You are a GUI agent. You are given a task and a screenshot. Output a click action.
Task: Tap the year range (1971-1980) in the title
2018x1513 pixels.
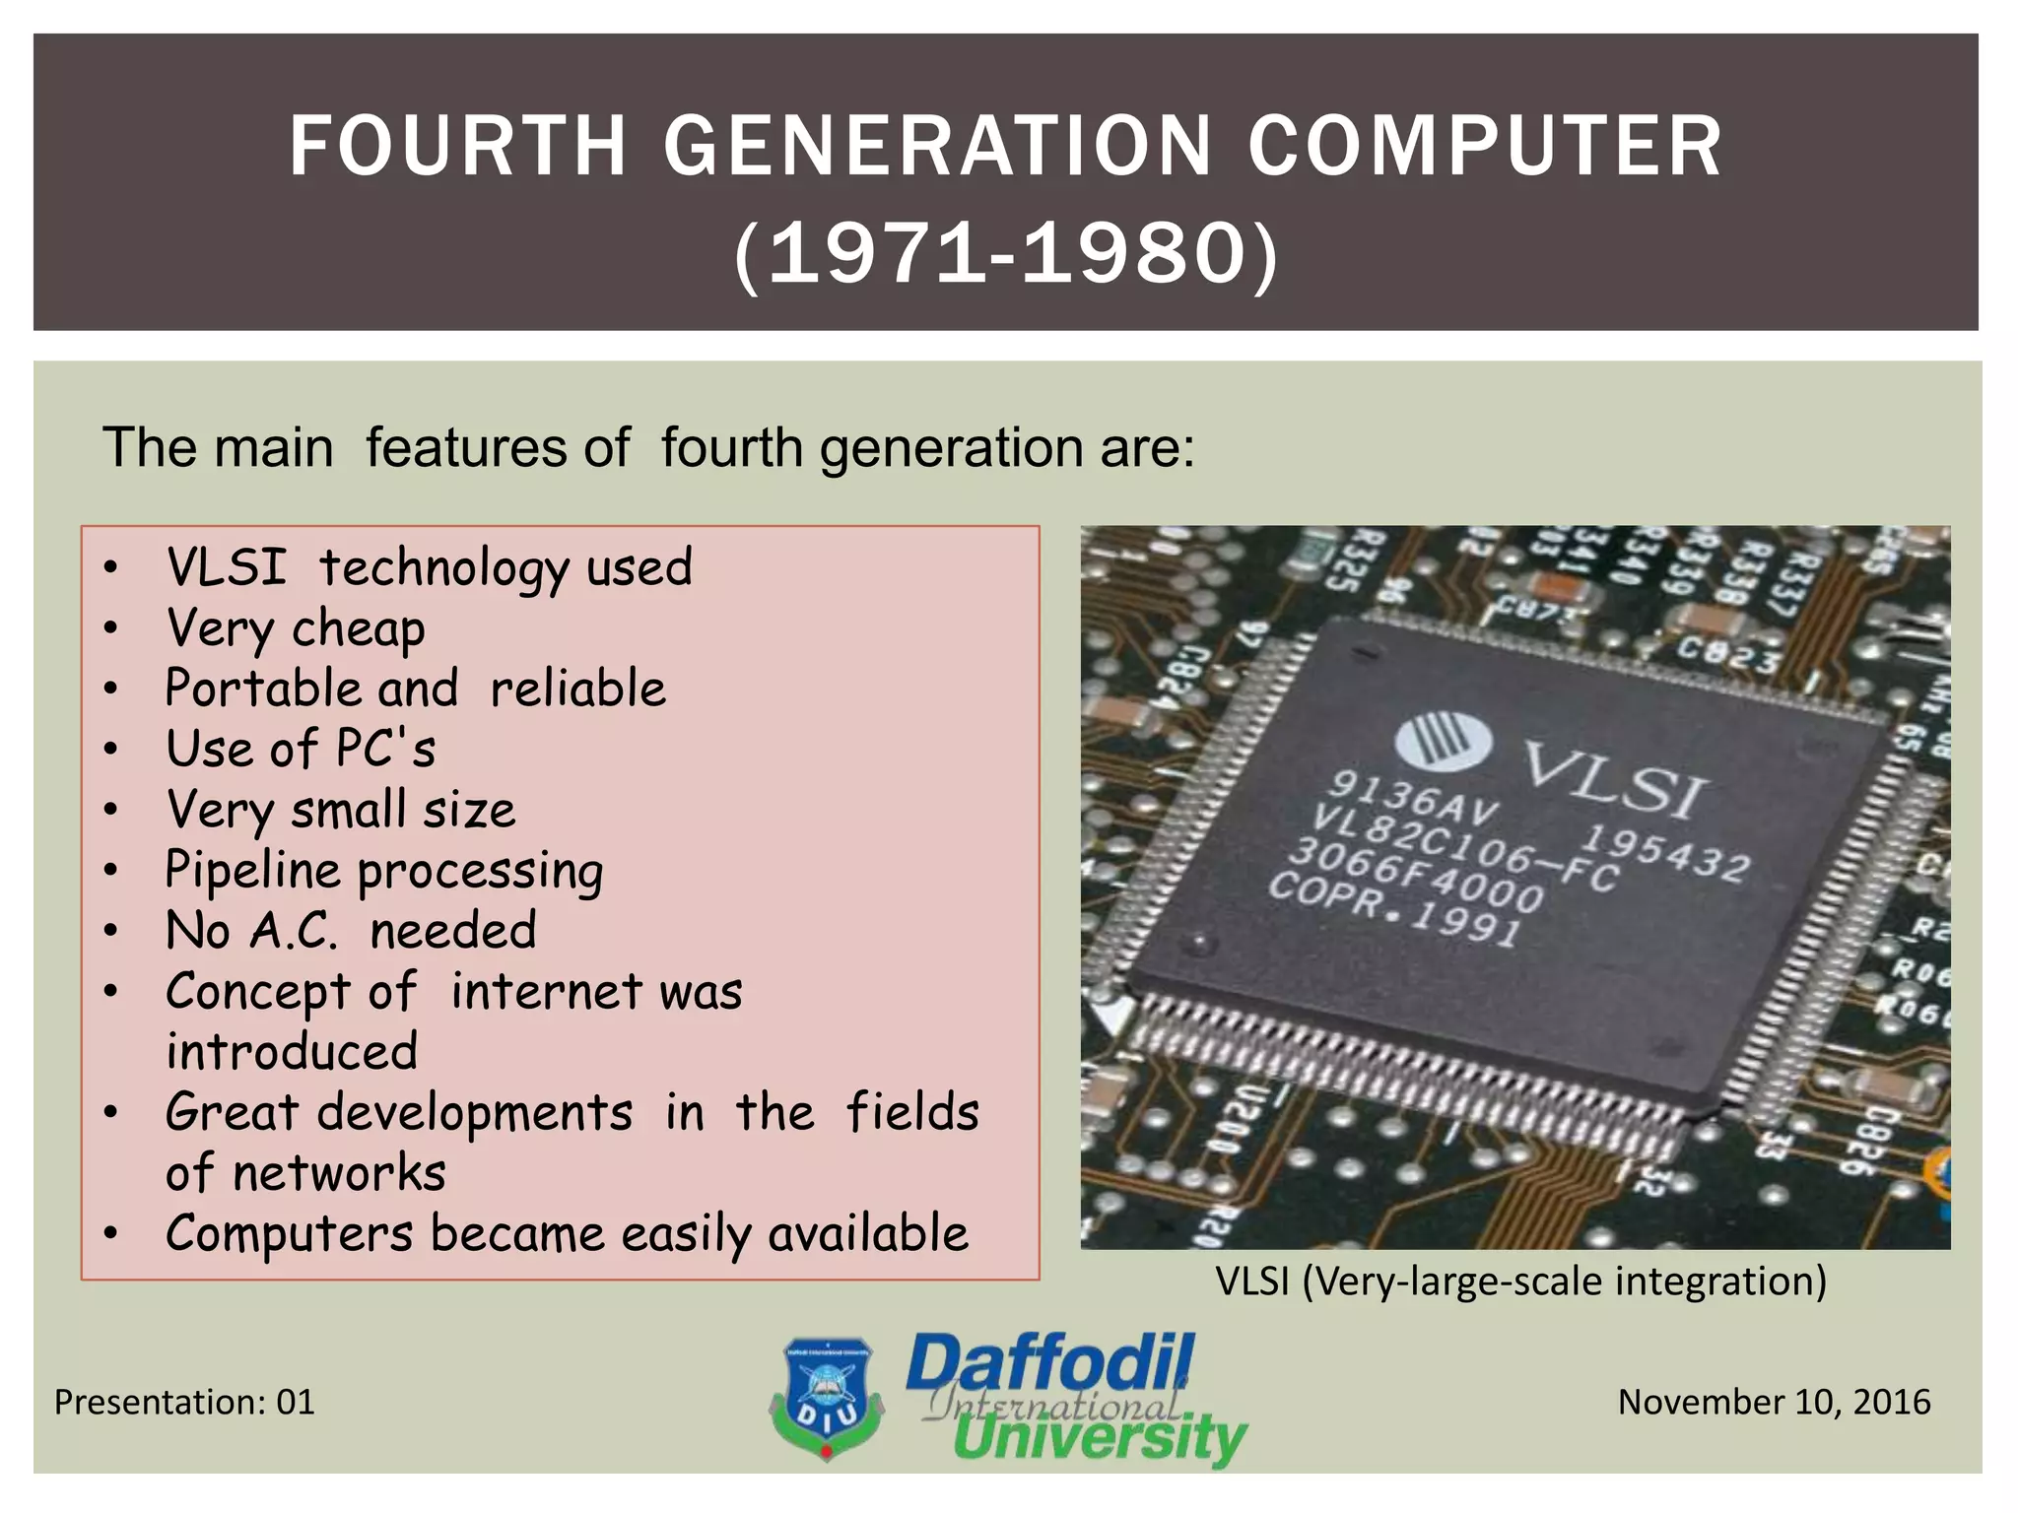[1005, 254]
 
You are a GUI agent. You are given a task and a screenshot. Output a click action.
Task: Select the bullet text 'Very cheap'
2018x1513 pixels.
[296, 628]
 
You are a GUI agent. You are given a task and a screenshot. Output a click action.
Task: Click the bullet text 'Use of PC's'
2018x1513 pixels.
[301, 749]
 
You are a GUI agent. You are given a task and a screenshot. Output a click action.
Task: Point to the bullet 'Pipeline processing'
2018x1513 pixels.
[384, 871]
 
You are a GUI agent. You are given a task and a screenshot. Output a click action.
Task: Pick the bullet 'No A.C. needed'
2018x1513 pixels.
[351, 931]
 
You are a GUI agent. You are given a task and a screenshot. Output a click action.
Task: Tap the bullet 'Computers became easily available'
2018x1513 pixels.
[567, 1233]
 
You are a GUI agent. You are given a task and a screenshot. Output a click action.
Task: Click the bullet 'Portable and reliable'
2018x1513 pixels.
[415, 689]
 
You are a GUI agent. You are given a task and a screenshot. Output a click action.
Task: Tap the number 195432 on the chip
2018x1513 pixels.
[1664, 853]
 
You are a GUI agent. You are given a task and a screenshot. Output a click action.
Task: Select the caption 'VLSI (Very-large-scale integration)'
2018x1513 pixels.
[1520, 1282]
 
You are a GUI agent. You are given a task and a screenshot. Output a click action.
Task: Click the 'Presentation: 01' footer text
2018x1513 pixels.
[184, 1402]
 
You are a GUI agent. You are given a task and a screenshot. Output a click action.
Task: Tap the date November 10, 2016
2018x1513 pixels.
[1774, 1402]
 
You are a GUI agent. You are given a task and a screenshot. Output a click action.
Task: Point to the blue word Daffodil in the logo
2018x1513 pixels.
[1049, 1363]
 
